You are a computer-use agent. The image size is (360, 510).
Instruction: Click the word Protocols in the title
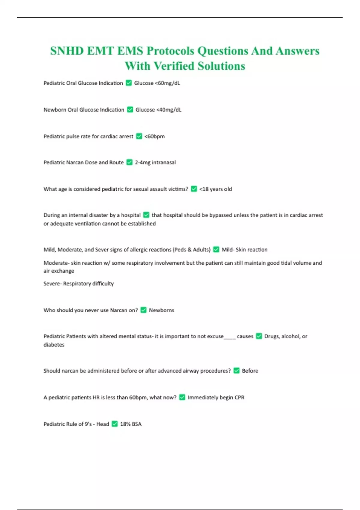click(x=170, y=51)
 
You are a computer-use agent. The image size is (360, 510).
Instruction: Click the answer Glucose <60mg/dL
click(x=157, y=83)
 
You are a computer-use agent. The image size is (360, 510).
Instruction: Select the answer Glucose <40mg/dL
click(x=158, y=110)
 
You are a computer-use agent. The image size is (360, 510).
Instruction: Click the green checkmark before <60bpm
click(x=139, y=136)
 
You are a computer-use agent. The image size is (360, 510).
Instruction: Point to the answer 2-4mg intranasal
click(x=155, y=163)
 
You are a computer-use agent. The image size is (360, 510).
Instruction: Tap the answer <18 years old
click(x=215, y=189)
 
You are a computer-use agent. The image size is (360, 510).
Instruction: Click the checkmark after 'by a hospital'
click(x=146, y=215)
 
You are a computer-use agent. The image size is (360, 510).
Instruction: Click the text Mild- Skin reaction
click(x=244, y=250)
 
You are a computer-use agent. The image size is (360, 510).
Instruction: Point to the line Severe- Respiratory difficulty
click(x=79, y=283)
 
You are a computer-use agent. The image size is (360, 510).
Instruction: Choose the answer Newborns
click(x=161, y=310)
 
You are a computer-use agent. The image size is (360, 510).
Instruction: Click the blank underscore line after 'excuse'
click(x=230, y=337)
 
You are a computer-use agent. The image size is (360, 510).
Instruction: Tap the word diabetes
click(x=54, y=345)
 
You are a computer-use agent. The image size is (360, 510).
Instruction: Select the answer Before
click(x=250, y=371)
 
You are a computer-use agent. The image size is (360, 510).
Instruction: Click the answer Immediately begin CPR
click(x=216, y=397)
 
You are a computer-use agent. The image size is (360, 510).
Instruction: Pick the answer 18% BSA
click(x=131, y=424)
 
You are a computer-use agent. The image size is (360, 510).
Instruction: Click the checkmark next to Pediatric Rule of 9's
click(x=115, y=424)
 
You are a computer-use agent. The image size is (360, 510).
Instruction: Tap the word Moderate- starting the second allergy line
click(x=57, y=263)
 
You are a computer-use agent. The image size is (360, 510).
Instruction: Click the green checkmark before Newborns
click(x=143, y=310)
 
